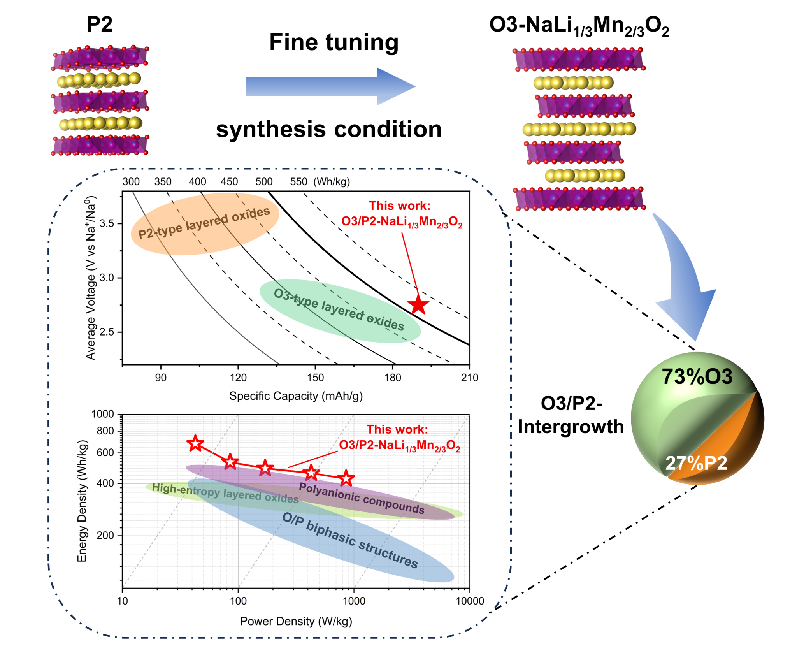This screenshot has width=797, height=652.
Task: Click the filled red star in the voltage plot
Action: tap(418, 305)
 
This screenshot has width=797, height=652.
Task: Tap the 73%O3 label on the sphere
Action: tap(697, 377)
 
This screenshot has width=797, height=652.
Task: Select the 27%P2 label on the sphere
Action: tap(696, 463)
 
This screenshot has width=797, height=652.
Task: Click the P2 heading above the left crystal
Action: tap(100, 24)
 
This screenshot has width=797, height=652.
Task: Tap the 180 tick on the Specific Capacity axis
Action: tap(393, 378)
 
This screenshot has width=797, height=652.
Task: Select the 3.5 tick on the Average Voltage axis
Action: tap(107, 223)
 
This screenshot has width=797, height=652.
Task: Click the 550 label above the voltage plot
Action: tap(298, 182)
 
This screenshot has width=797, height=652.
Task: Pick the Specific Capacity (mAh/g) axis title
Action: tap(296, 396)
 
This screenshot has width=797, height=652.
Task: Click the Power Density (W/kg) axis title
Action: tap(296, 621)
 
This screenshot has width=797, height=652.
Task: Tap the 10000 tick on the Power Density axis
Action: tap(470, 601)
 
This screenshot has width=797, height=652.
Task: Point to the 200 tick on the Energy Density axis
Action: tap(105, 535)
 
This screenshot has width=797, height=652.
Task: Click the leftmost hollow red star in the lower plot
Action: tap(195, 443)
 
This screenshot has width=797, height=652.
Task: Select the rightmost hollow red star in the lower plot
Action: tap(346, 478)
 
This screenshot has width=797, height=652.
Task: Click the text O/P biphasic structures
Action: tap(350, 540)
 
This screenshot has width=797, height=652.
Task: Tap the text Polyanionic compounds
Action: tap(361, 498)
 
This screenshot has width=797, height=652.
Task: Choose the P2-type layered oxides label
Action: tap(204, 223)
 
